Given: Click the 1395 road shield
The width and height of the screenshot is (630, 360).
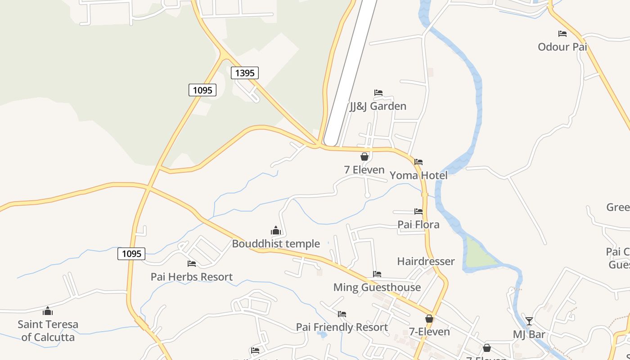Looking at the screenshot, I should click(x=245, y=72).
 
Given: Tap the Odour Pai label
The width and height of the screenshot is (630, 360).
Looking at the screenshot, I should click(x=562, y=46).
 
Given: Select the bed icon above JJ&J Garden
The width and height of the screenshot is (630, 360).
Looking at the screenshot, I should click(x=378, y=93).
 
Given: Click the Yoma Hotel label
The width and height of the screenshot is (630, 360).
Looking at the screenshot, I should click(x=418, y=175).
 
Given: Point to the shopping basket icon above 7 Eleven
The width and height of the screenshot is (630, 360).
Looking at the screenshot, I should click(x=364, y=157).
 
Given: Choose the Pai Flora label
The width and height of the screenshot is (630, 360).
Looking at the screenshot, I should click(x=418, y=224).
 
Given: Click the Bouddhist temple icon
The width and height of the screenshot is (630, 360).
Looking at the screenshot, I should click(x=276, y=231).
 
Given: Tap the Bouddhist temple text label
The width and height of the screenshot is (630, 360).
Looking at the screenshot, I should click(x=276, y=244).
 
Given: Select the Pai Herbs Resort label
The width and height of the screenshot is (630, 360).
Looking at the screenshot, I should click(x=192, y=277).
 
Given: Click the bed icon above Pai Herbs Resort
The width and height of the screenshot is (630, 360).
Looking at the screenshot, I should click(x=192, y=264).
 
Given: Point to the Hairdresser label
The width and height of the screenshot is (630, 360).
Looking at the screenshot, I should click(x=426, y=261).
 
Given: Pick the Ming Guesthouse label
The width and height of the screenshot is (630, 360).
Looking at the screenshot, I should click(x=377, y=287).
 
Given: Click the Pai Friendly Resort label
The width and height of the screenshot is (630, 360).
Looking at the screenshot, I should click(x=342, y=327).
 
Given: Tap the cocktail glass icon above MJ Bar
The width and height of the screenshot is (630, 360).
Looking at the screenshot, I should click(x=529, y=321).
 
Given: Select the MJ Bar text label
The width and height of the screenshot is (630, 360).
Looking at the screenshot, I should click(x=529, y=334).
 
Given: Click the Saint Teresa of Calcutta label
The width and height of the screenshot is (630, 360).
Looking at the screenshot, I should click(x=48, y=330).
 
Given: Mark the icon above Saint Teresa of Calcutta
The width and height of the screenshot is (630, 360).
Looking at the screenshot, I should click(x=48, y=311).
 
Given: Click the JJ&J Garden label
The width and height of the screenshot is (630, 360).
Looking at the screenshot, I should click(x=378, y=106).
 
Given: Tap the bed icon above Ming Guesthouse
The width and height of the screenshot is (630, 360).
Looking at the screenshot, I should click(x=377, y=274).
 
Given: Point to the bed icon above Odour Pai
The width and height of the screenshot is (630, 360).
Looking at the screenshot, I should click(x=562, y=33).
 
